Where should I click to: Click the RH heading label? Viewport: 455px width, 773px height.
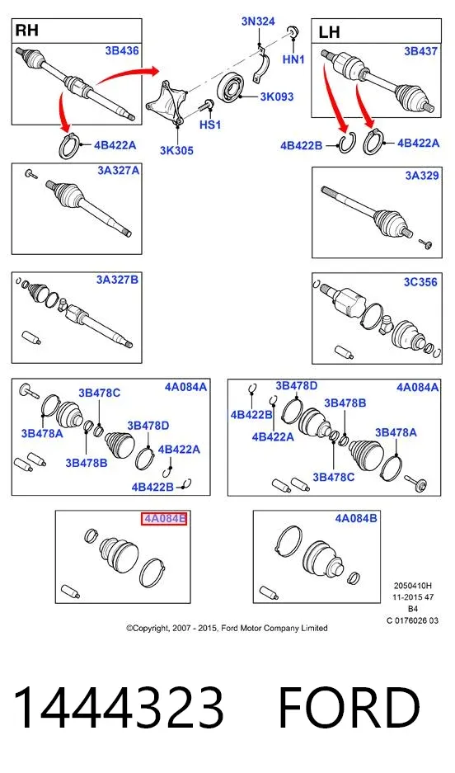[27, 31]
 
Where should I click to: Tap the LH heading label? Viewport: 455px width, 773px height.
[329, 32]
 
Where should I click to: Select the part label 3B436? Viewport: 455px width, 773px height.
[122, 51]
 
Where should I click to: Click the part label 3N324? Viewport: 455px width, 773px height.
[258, 21]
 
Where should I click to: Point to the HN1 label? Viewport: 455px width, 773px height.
[294, 59]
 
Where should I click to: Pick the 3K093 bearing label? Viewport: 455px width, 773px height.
[277, 97]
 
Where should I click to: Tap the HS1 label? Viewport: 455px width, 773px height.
[210, 125]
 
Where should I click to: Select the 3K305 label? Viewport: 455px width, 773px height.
[176, 151]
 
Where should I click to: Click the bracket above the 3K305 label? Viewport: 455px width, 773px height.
[167, 105]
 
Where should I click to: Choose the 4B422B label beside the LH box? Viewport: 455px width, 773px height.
[301, 145]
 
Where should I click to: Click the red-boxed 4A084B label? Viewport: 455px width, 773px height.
[165, 518]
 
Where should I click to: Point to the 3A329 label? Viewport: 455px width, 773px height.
[422, 176]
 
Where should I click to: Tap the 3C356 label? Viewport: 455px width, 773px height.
[420, 281]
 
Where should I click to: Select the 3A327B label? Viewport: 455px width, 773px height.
[117, 280]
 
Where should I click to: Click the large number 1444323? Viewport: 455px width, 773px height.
[118, 708]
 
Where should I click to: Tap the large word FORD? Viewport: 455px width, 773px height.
[349, 708]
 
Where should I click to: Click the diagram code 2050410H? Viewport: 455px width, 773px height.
[413, 586]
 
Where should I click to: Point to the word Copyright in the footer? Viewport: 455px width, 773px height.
[148, 628]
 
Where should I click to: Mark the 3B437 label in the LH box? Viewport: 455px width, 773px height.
[421, 51]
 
